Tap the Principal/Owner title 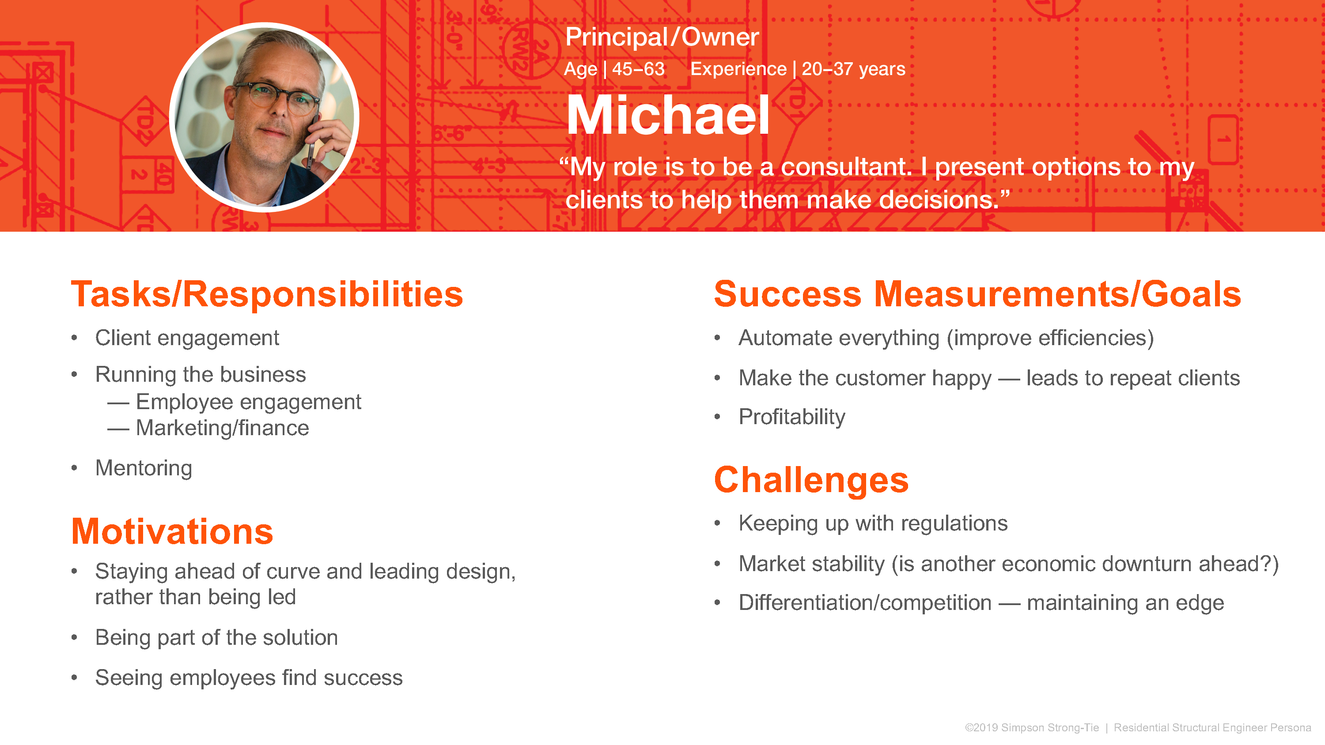click(x=662, y=37)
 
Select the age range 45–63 click(x=638, y=69)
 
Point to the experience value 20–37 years click(x=853, y=69)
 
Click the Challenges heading click(x=811, y=480)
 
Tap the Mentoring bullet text click(x=144, y=468)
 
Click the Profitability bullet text click(x=791, y=417)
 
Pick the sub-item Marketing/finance click(x=222, y=428)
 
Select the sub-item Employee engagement click(x=248, y=402)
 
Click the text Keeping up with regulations click(x=873, y=524)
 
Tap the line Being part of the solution click(x=216, y=638)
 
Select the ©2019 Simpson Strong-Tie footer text click(x=1031, y=727)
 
